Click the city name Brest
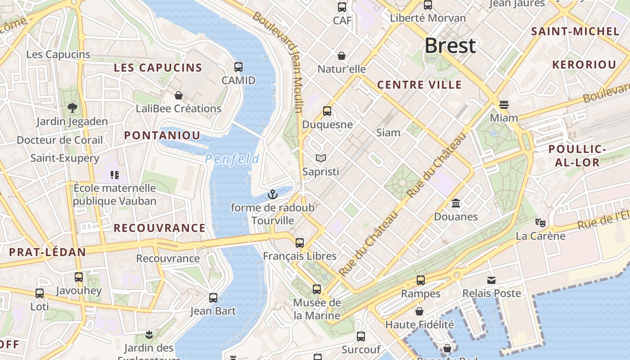[x=450, y=46]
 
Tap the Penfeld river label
[x=232, y=159]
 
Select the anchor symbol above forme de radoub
[x=272, y=194]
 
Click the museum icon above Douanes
[x=456, y=203]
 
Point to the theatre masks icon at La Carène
[x=540, y=222]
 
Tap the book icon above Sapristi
[x=320, y=158]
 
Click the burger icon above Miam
[x=504, y=105]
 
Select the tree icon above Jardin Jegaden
[x=72, y=108]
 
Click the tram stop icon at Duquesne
[x=327, y=111]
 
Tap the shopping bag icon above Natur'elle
[x=342, y=56]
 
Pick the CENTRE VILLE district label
[x=419, y=85]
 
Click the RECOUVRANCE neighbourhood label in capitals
[x=159, y=228]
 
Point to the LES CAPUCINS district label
[x=158, y=68]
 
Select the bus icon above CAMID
[x=238, y=67]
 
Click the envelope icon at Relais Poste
[x=491, y=280]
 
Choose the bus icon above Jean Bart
[x=213, y=298]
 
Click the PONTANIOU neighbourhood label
[x=162, y=135]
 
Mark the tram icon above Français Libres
[x=300, y=243]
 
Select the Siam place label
[x=388, y=132]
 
